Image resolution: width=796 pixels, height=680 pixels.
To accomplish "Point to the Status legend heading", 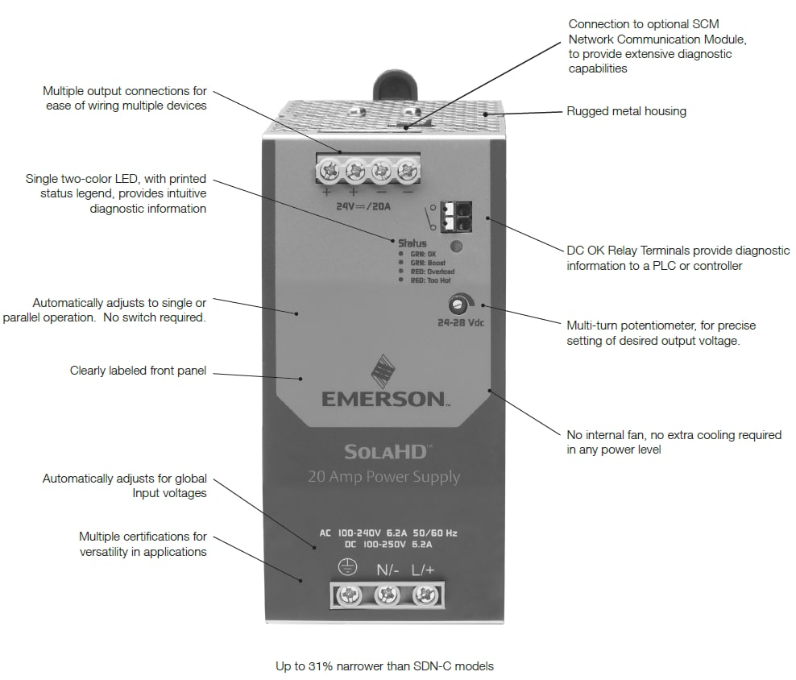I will coord(413,243).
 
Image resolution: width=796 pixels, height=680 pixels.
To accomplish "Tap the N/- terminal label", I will coord(388,570).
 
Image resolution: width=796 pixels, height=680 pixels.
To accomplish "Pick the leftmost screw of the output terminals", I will coord(329,171).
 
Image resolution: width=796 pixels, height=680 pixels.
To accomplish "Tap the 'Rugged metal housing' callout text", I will coord(626,111).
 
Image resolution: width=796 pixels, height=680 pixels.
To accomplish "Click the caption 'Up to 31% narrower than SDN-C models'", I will coord(384,666).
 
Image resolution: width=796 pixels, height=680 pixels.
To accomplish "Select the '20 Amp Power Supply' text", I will coord(383,477).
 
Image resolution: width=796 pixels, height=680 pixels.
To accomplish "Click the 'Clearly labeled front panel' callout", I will coord(138,371).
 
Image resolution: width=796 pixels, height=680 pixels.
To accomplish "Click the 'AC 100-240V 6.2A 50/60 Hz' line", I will coord(388,533).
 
